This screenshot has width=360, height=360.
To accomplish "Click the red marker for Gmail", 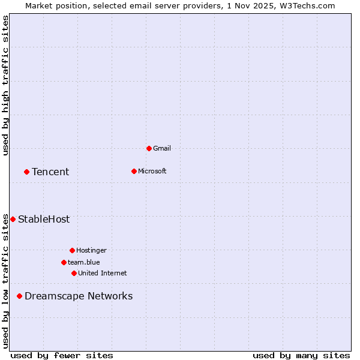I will (149, 148).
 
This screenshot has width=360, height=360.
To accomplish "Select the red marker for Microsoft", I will (134, 171).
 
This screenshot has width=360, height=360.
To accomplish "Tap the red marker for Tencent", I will (26, 172).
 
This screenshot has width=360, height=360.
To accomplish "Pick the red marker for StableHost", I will (13, 219).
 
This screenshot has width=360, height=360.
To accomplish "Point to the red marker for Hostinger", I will (72, 250).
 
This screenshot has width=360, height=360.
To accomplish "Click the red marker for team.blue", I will (64, 262).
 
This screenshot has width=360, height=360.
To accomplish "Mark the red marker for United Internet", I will (74, 273).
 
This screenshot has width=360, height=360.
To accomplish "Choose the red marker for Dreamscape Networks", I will (19, 296).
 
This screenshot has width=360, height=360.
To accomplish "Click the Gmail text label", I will (162, 148).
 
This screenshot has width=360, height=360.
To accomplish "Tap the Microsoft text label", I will (152, 171).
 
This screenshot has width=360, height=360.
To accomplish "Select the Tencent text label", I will (50, 172).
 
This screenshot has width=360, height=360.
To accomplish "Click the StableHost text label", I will (44, 219).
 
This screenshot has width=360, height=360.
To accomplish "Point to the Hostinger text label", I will (91, 250).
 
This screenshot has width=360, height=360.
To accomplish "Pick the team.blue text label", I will (84, 262).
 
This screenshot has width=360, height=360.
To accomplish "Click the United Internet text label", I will (103, 273).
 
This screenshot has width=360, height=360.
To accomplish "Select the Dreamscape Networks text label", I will (79, 296).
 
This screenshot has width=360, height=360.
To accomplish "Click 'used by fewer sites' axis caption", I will (62, 355).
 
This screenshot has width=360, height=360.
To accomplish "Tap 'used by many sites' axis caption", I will (301, 355).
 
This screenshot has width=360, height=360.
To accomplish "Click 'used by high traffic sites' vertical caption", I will (5, 85).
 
